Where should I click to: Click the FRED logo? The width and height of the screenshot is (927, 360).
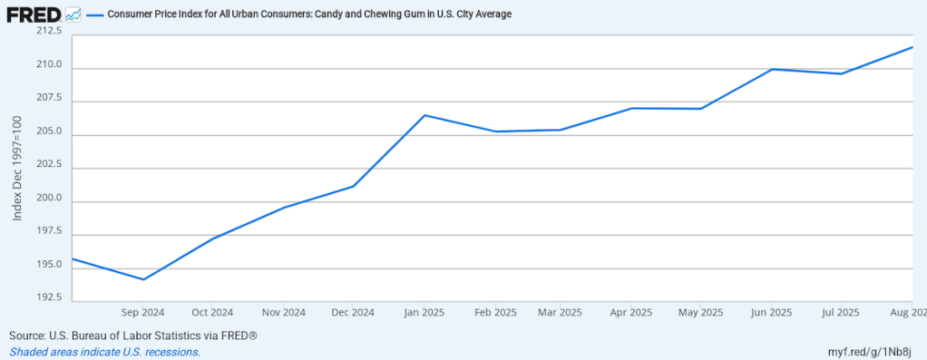[x=34, y=15]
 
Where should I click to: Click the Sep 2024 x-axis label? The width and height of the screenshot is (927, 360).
[x=143, y=313]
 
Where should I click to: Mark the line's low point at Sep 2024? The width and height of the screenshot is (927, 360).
[x=143, y=279]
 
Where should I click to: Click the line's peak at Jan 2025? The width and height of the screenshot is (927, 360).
[x=424, y=115]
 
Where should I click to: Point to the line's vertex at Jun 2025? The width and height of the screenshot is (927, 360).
[x=772, y=69]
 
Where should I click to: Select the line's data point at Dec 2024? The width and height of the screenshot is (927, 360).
[x=353, y=187]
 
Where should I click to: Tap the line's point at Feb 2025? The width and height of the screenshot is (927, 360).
[x=495, y=131]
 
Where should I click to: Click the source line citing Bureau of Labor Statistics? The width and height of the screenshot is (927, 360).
[x=133, y=336]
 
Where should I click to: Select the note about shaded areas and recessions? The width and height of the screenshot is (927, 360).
[x=104, y=352]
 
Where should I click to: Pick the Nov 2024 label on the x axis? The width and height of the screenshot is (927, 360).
[x=283, y=313]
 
